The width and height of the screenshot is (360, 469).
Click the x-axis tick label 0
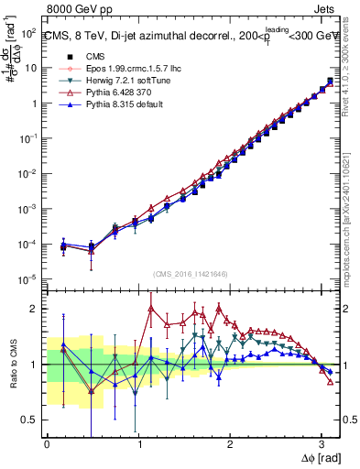pos(47,442)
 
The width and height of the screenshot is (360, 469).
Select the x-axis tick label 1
pos(138,442)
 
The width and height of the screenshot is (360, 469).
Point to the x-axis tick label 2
pos(230,442)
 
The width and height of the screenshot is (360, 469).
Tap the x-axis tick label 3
pos(322,442)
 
